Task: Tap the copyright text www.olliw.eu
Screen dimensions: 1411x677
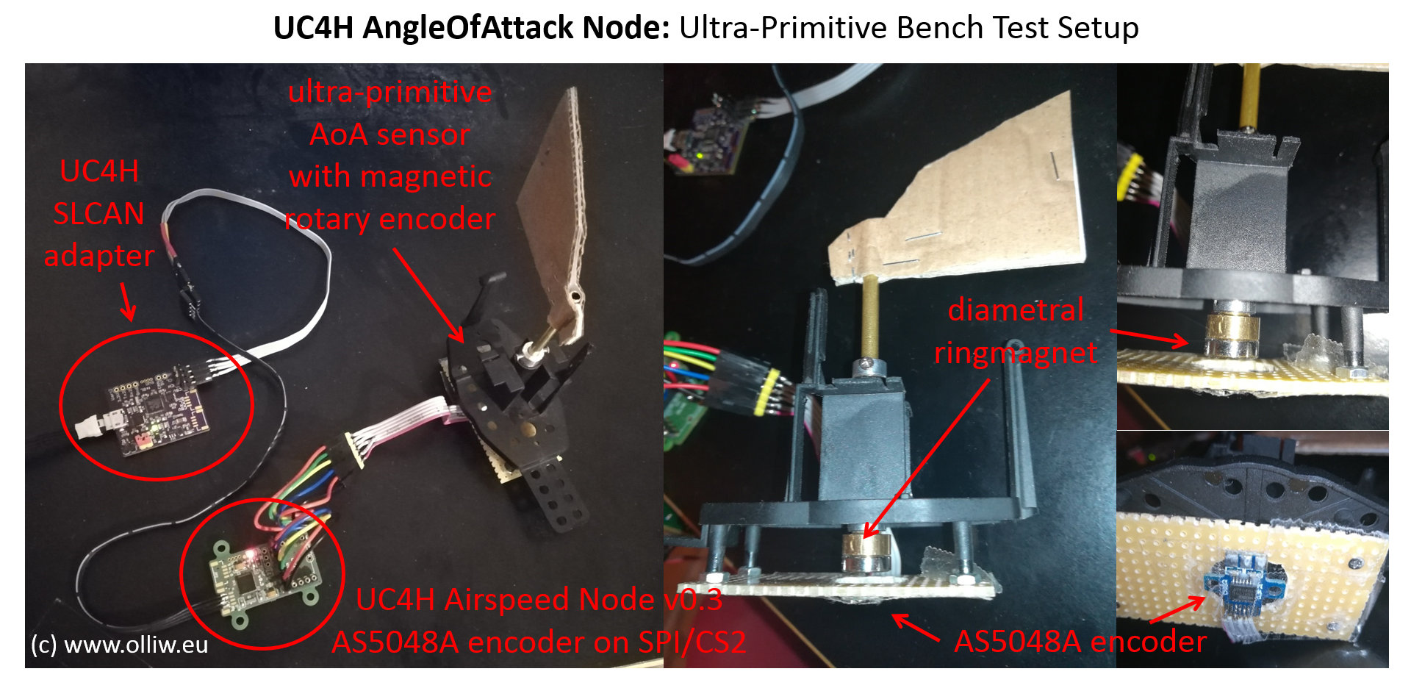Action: coord(136,645)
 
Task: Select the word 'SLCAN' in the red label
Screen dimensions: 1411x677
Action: coord(98,214)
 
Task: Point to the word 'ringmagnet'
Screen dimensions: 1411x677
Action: coord(1016,353)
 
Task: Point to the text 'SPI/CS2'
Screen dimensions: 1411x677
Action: coord(692,642)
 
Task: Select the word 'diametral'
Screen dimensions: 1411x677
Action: coord(1016,310)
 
